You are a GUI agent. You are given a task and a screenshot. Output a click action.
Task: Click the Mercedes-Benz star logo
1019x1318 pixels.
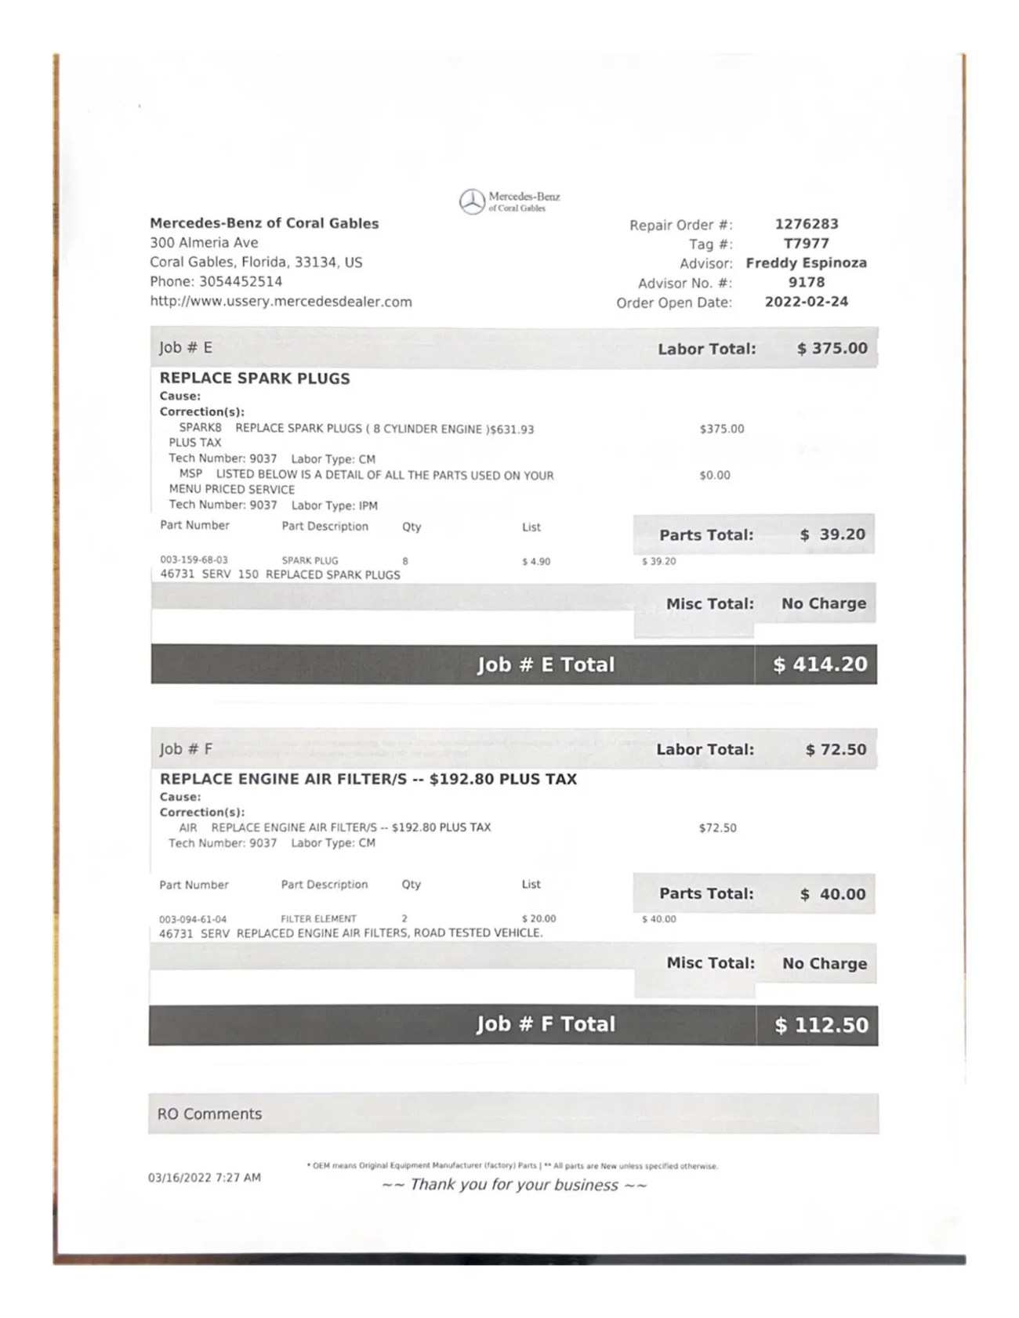click(472, 201)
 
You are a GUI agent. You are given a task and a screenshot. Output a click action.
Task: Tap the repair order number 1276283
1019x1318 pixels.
click(807, 224)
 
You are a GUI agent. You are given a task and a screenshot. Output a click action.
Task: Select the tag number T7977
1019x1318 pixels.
click(806, 244)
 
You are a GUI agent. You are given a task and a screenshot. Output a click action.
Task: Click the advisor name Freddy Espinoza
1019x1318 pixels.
click(806, 263)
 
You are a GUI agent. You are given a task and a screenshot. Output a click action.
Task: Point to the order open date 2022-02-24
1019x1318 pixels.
click(806, 302)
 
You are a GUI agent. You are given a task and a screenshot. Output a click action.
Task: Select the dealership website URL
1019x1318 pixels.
click(281, 302)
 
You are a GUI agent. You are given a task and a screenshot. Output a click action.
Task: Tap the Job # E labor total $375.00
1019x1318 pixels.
click(832, 348)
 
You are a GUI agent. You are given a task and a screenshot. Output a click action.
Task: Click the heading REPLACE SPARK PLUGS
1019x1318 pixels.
click(255, 378)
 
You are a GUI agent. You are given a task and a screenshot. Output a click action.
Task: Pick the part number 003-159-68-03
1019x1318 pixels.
click(194, 560)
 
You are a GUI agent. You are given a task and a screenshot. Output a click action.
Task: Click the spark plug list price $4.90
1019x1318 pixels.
click(536, 561)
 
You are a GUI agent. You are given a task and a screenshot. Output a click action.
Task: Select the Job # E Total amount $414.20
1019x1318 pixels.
click(820, 664)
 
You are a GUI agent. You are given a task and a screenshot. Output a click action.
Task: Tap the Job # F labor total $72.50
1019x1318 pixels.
click(836, 749)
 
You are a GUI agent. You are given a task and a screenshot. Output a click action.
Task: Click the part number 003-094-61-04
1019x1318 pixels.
click(193, 919)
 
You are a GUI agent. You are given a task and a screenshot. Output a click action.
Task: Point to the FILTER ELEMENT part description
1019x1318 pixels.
click(318, 918)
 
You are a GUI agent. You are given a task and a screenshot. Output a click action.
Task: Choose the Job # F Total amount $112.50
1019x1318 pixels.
click(821, 1025)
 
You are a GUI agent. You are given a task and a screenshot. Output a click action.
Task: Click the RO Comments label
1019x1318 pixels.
click(209, 1113)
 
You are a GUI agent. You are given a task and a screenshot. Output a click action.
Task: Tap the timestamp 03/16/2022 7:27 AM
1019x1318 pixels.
click(205, 1177)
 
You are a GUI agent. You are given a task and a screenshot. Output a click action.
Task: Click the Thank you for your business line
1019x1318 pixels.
click(514, 1185)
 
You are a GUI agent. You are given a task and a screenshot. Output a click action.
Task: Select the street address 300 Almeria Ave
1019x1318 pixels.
click(204, 243)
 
